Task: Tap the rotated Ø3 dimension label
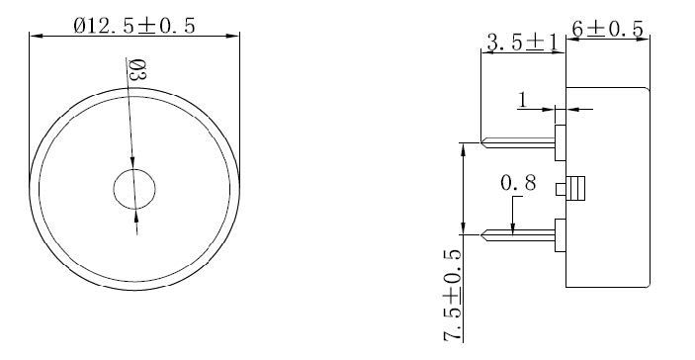coord(138,71)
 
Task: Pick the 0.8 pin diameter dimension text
coord(520,184)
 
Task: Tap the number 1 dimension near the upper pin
coord(523,100)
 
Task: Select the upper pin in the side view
coord(519,142)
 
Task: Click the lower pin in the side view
coord(519,234)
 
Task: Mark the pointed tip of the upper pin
coord(483,142)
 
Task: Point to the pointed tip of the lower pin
coord(483,234)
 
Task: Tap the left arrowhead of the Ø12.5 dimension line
coord(36,37)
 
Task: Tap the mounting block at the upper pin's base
coord(560,142)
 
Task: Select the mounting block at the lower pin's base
coord(560,234)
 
